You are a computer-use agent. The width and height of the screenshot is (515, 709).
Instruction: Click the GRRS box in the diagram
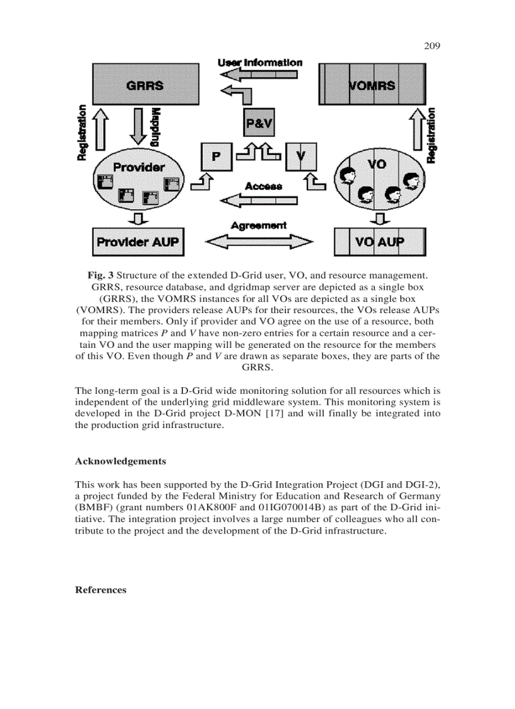146,84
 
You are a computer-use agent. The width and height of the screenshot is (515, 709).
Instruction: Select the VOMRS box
372,84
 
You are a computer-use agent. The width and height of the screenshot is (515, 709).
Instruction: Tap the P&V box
258,124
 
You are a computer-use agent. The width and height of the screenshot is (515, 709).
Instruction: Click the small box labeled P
216,157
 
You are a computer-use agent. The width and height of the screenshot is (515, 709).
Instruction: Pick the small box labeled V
300,157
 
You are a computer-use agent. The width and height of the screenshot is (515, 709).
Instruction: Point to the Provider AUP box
138,242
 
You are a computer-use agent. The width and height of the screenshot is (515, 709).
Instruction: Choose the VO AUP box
379,242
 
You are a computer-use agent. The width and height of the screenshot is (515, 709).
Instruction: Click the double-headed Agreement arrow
259,242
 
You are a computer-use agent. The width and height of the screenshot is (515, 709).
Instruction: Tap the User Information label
259,63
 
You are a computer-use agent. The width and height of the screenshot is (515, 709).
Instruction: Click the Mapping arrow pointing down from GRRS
138,128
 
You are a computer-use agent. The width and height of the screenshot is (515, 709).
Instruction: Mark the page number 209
431,45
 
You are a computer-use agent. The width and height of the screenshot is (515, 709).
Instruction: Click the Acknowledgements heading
121,461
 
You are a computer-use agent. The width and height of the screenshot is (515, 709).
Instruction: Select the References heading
100,590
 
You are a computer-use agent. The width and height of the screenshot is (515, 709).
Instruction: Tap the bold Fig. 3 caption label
100,275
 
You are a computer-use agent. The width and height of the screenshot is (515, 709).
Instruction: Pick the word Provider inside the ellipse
138,167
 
